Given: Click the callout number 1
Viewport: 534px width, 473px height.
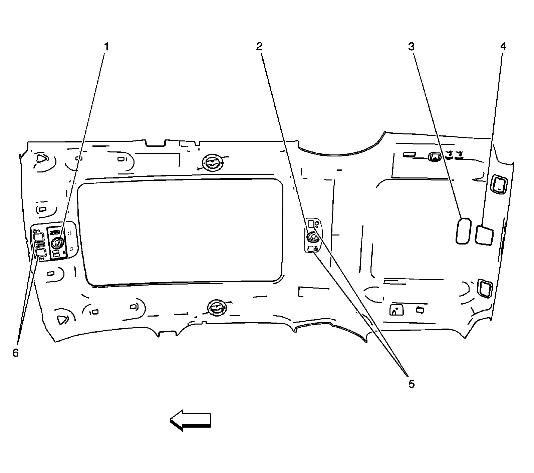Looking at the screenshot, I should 106,47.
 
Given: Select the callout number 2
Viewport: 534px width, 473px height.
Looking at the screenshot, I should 259,47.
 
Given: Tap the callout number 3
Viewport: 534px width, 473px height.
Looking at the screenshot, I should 411,47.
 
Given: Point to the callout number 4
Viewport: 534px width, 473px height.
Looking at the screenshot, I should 503,47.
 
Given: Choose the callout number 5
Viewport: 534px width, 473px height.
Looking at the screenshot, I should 412,384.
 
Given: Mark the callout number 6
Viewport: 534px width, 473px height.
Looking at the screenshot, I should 16,353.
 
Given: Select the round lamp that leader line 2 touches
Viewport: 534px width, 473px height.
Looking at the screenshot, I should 313,237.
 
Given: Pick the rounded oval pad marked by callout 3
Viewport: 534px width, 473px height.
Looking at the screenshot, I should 463,231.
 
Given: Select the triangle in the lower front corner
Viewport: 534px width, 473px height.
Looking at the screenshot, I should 62,319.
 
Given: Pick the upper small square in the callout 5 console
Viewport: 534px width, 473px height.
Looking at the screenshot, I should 311,223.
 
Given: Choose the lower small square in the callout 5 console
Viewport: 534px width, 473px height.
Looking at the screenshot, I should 311,249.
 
